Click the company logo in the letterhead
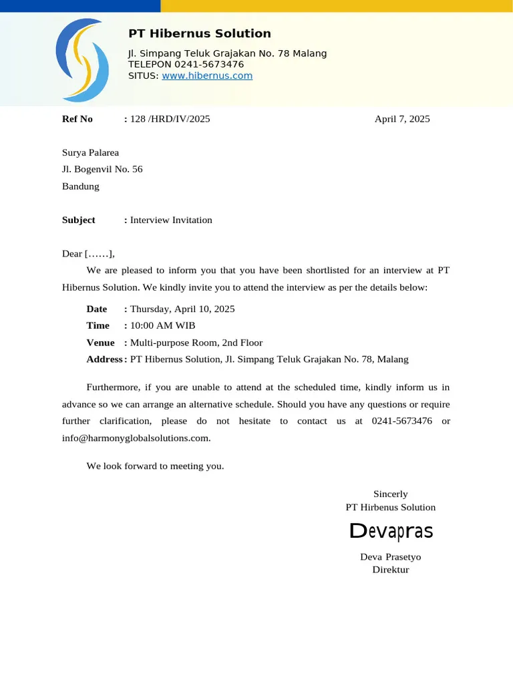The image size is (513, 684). click(x=82, y=60)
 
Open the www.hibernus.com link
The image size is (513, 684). click(x=207, y=75)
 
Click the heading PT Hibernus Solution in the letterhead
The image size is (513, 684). click(x=200, y=33)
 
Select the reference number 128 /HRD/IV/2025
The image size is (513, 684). click(x=170, y=119)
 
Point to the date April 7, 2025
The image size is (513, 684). click(x=402, y=119)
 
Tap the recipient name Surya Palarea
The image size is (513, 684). click(x=90, y=153)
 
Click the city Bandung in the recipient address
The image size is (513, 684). click(x=81, y=186)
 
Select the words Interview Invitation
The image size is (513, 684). click(x=171, y=220)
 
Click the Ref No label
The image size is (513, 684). click(x=77, y=119)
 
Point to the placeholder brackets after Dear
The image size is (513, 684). click(x=99, y=254)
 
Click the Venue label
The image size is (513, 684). click(x=101, y=343)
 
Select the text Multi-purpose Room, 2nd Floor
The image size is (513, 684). click(x=196, y=343)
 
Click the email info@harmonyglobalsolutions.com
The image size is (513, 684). click(x=136, y=438)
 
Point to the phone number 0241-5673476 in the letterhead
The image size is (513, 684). click(x=209, y=64)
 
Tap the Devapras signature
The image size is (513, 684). click(x=391, y=532)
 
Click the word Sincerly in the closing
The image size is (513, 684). click(x=391, y=494)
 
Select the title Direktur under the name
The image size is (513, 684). click(x=391, y=570)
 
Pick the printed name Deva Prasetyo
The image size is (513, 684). click(x=391, y=556)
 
